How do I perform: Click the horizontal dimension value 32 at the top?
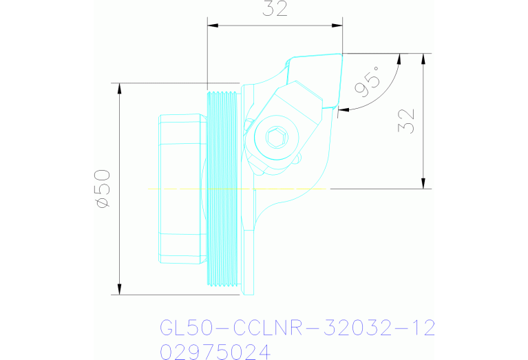point(275,9)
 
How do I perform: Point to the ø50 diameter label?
point(103,188)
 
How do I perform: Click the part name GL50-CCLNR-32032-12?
point(297,328)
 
